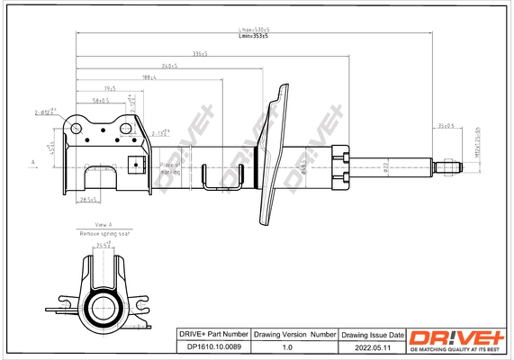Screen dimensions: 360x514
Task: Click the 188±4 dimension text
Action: tap(149, 77)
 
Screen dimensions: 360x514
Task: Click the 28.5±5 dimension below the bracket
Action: tap(88, 199)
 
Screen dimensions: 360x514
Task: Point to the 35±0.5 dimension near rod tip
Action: tap(445, 125)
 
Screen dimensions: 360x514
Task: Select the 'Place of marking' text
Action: tap(170, 168)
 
